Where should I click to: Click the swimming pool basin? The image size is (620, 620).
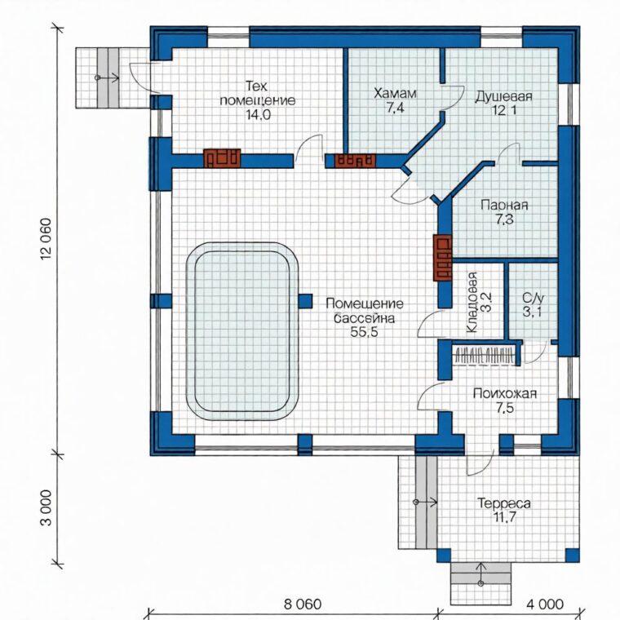point(242,331)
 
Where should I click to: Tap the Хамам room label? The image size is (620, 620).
point(395,94)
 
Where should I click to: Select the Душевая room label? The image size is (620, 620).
point(504,96)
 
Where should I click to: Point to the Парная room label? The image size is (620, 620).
point(504,206)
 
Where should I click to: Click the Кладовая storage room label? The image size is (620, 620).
point(472,303)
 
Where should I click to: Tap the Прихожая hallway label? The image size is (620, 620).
point(505,394)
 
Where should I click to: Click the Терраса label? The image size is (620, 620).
point(504,504)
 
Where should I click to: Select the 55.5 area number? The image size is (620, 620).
point(364,332)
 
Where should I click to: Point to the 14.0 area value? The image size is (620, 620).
point(259,115)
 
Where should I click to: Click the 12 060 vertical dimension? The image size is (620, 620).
point(46,239)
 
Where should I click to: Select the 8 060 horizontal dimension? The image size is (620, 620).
point(303,604)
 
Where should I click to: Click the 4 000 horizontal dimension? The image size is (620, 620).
point(545,604)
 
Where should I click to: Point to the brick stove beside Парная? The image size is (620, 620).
point(443,259)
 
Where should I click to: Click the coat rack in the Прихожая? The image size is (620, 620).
point(485,355)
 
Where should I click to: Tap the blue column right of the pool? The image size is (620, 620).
point(305,301)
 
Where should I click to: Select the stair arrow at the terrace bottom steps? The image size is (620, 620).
point(480,573)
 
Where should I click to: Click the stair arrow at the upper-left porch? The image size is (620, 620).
point(107,77)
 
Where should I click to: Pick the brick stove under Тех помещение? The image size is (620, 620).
point(222,158)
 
